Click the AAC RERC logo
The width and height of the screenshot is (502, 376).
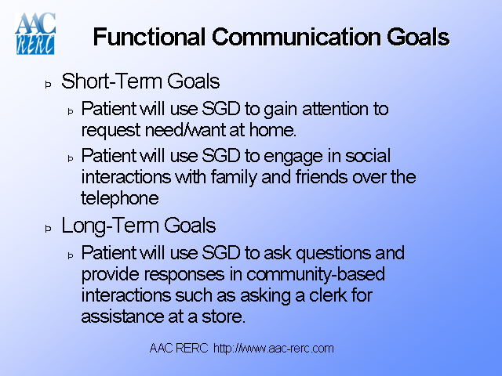tap(35, 33)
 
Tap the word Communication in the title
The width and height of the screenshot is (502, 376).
tap(289, 37)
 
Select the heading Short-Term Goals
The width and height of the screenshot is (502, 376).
tap(140, 81)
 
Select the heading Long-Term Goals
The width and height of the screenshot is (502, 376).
tap(138, 226)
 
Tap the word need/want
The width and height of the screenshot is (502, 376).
tap(172, 128)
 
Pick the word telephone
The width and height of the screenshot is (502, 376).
tap(119, 197)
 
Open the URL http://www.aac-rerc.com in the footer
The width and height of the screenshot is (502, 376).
tap(274, 348)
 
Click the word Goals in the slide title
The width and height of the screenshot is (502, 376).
tap(413, 37)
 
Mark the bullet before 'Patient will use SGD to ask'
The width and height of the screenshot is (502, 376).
tap(70, 255)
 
